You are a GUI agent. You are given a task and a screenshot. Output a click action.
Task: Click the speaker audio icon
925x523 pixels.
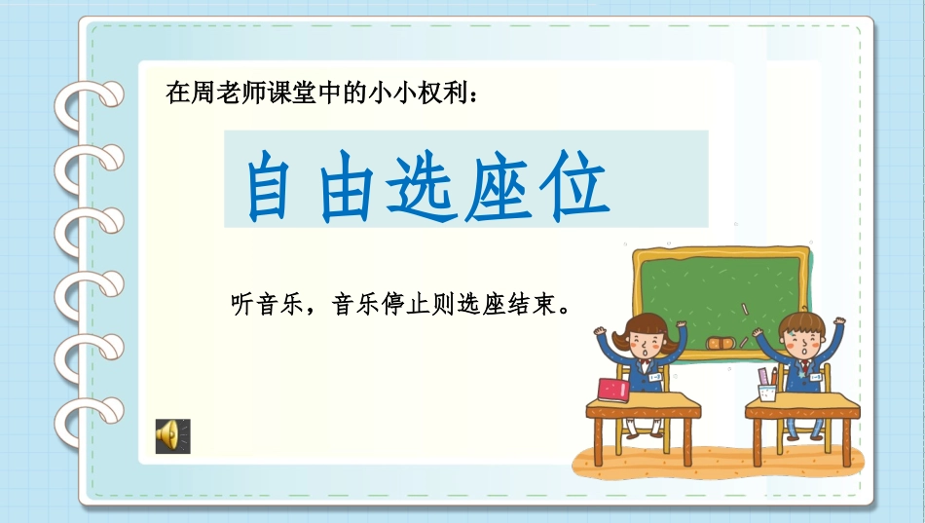click(172, 436)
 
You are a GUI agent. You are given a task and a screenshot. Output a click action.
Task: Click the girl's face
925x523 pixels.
click(646, 344)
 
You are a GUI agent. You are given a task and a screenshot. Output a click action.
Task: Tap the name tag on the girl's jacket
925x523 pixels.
click(655, 377)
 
